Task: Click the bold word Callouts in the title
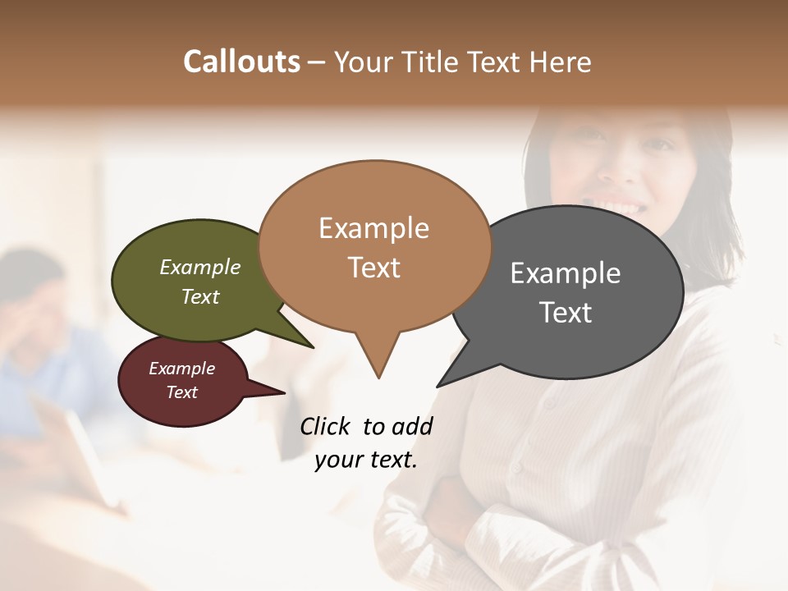coord(241,62)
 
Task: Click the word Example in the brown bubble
coord(373,228)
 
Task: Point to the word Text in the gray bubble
coord(566,313)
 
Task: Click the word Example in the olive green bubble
coord(199,268)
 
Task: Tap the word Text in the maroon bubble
coord(181,392)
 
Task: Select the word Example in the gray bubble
coord(566,273)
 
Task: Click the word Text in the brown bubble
coord(373,268)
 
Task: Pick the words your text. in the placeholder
coord(365,460)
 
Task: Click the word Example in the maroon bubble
coord(181,369)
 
